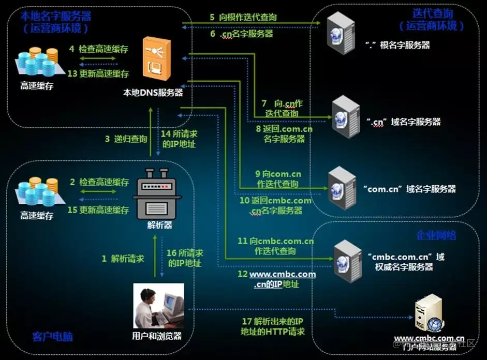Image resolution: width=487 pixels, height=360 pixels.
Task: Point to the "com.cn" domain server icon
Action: pos(342,187)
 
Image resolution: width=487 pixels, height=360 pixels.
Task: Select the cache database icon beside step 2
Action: pos(37,193)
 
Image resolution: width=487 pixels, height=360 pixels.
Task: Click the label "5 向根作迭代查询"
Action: pos(243,17)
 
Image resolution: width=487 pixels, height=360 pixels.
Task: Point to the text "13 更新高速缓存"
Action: pos(98,73)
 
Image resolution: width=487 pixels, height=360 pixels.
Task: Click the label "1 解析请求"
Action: pos(123,258)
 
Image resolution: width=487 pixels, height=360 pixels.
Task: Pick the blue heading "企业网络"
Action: pos(436,235)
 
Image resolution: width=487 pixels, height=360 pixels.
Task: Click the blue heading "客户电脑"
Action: pos(52,337)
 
